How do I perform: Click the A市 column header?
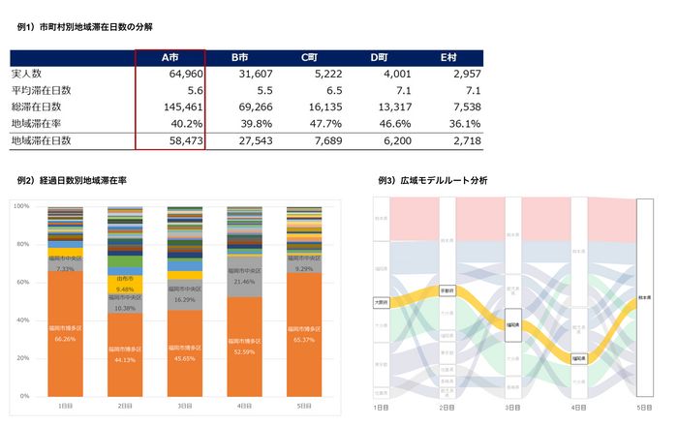tap(169, 58)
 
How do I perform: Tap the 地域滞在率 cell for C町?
tap(324, 124)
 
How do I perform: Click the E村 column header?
tap(448, 58)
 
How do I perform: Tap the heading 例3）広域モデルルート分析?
tap(433, 181)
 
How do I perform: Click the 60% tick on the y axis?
tap(20, 283)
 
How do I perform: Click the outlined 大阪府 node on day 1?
tap(380, 303)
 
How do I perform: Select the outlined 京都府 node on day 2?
tap(447, 289)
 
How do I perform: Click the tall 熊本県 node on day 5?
tap(645, 297)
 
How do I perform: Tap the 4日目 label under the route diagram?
tap(578, 409)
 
